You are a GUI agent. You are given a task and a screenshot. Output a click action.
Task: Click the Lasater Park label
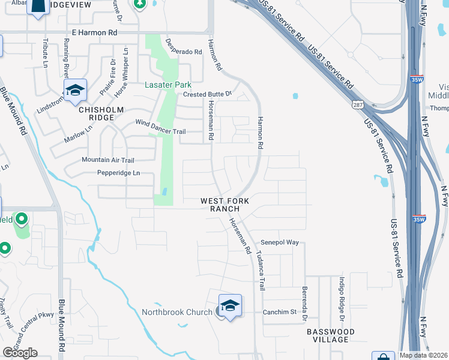click(x=168, y=85)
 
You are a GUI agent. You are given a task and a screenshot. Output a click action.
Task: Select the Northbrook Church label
click(x=177, y=312)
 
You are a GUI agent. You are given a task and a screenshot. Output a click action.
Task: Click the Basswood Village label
click(x=330, y=335)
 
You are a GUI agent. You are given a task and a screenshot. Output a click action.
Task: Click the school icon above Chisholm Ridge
click(x=75, y=91)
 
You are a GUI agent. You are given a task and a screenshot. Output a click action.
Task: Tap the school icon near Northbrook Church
click(x=230, y=306)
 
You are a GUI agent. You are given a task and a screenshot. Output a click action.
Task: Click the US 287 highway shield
click(x=357, y=106)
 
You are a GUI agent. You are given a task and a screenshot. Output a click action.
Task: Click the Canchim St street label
click(x=280, y=312)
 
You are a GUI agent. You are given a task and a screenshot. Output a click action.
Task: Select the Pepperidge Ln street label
click(x=119, y=173)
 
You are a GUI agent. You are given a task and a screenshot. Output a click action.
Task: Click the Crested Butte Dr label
click(x=207, y=94)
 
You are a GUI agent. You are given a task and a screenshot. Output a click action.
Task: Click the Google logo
click(x=20, y=353)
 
